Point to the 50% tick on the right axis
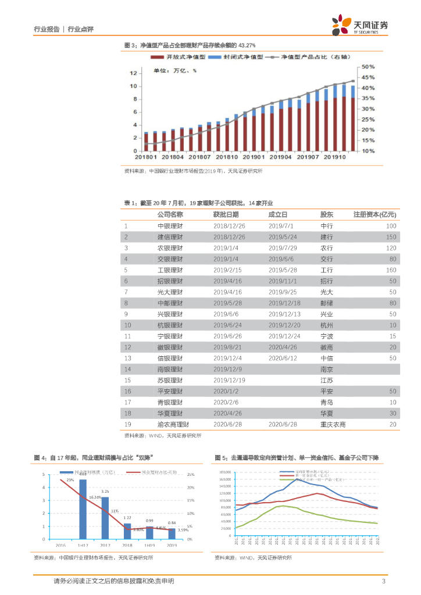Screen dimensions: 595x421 coord(368,67)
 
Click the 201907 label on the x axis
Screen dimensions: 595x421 coord(308,157)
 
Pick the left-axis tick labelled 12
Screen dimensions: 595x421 coord(133,73)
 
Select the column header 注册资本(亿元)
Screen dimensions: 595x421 coord(375,214)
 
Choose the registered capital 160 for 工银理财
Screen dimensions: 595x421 coord(391,270)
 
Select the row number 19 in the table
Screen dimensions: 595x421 coord(127,424)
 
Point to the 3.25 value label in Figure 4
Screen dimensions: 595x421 coord(105,492)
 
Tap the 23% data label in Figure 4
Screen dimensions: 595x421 coord(70,480)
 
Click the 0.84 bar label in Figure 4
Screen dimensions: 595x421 coord(172,523)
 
